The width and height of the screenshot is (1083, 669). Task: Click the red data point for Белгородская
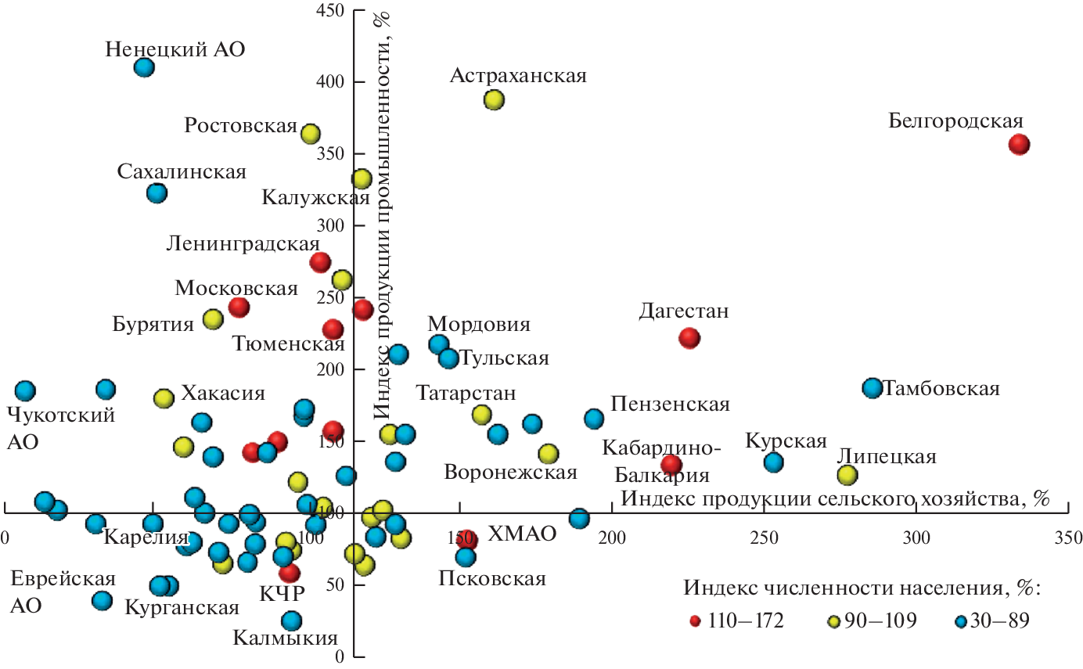coord(1019,144)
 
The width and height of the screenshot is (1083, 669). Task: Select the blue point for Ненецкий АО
coord(144,67)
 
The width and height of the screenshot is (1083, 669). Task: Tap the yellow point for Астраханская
coord(494,100)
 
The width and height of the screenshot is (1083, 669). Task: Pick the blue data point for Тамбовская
coord(873,388)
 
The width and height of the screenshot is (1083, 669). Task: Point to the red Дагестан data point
coord(689,338)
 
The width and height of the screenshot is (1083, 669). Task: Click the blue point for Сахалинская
coord(157,192)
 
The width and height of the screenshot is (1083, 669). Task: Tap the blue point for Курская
coord(773,462)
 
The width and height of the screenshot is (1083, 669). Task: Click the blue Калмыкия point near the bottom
coord(292,621)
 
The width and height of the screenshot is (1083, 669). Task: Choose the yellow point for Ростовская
coord(311,134)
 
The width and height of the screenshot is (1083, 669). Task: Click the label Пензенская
coord(670,405)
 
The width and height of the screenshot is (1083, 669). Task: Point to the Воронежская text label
coord(510,473)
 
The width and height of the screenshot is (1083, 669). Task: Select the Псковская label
coord(491,579)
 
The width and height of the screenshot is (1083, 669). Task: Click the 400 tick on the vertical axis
coord(333,82)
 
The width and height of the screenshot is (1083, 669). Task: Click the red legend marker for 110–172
coord(695,621)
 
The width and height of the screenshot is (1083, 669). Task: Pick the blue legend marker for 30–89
coord(962,621)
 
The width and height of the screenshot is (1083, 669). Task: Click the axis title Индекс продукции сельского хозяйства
coord(833,498)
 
